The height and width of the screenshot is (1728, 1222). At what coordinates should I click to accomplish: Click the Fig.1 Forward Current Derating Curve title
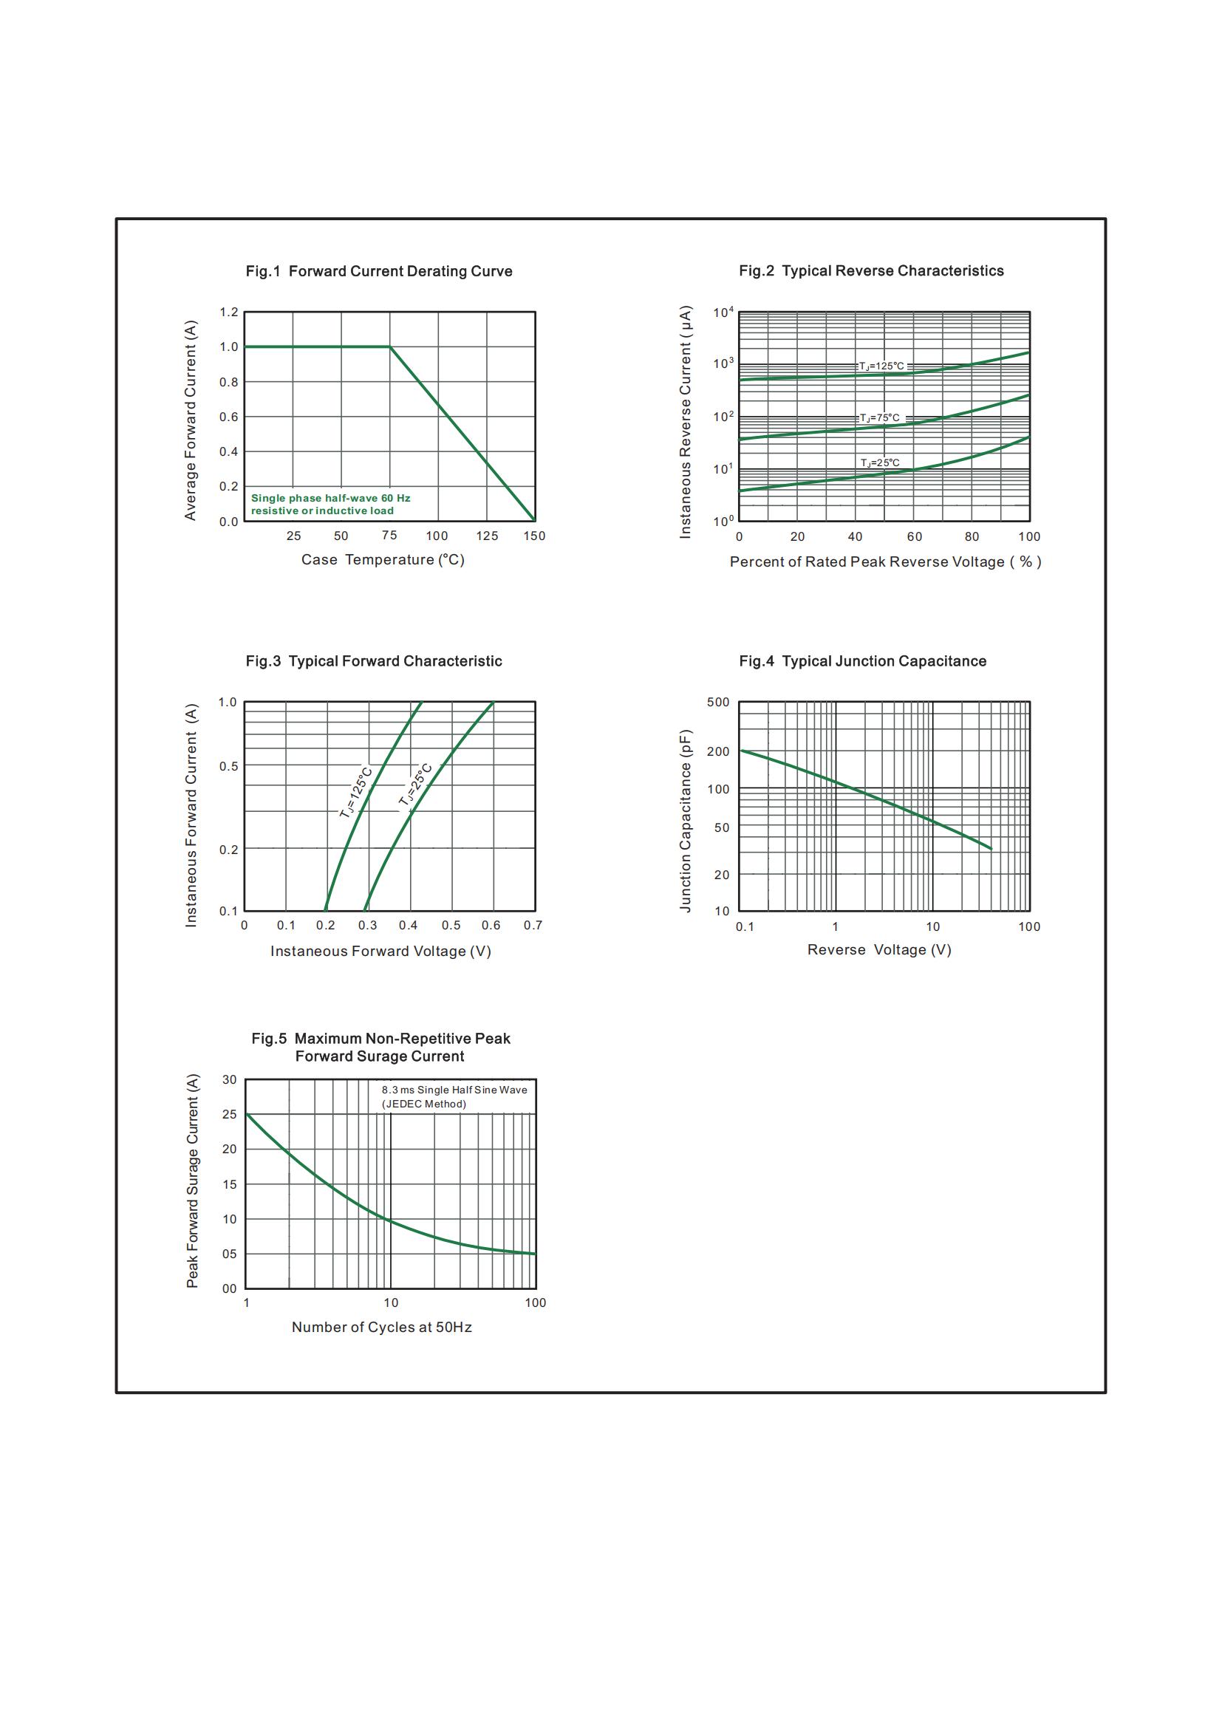pyautogui.click(x=378, y=271)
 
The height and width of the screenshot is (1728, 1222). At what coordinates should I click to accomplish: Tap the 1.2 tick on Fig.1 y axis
pyautogui.click(x=229, y=312)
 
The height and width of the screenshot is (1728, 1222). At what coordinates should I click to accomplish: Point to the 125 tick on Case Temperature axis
pyautogui.click(x=487, y=536)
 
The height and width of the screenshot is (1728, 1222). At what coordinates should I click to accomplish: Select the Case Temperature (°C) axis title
pyautogui.click(x=382, y=560)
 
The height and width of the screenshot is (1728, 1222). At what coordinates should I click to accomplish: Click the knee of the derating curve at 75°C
pyautogui.click(x=390, y=347)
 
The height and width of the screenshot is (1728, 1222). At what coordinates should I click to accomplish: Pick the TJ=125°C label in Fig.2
pyautogui.click(x=881, y=366)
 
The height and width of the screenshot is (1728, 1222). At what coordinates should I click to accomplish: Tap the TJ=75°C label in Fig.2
pyautogui.click(x=880, y=418)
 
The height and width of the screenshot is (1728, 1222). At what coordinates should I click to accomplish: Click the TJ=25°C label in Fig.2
pyautogui.click(x=880, y=463)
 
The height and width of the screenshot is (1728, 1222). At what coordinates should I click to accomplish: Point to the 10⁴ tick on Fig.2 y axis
pyautogui.click(x=723, y=313)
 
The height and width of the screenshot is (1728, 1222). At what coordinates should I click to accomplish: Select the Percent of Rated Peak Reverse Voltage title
pyautogui.click(x=885, y=562)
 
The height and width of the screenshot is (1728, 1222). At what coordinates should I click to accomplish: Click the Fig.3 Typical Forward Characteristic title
pyautogui.click(x=373, y=660)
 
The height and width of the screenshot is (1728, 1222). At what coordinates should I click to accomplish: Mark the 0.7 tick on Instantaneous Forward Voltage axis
pyautogui.click(x=533, y=925)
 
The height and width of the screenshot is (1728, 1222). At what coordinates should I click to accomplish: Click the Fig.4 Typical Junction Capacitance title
pyautogui.click(x=862, y=660)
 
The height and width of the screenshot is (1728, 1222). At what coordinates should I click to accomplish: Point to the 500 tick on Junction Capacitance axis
pyautogui.click(x=718, y=702)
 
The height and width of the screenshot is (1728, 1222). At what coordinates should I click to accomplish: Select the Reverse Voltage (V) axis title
pyautogui.click(x=879, y=950)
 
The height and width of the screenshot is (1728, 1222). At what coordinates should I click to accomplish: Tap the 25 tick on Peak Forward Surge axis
pyautogui.click(x=230, y=1114)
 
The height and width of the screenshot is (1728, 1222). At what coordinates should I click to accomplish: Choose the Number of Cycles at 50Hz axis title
pyautogui.click(x=381, y=1327)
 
